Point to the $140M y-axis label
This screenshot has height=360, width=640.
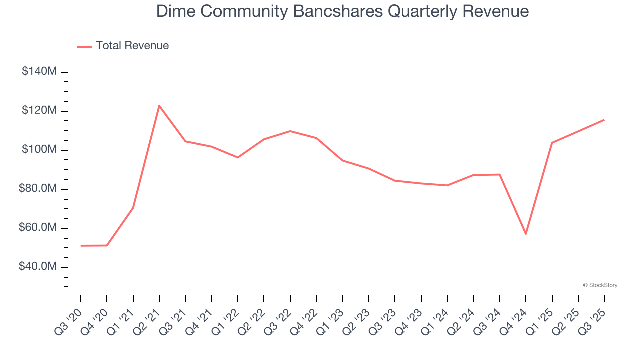point(39,71)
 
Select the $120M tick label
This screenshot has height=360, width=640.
point(39,110)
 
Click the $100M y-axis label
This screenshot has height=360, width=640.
point(39,149)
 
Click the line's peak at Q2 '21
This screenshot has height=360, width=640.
point(159,106)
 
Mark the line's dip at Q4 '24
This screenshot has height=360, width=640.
point(526,234)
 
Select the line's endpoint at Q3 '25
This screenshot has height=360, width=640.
point(604,120)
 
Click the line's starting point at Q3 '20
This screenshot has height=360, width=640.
point(81,246)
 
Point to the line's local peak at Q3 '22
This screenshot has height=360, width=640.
point(290,131)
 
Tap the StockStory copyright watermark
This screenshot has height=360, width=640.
point(600,285)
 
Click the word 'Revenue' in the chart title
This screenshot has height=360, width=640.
point(495,11)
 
